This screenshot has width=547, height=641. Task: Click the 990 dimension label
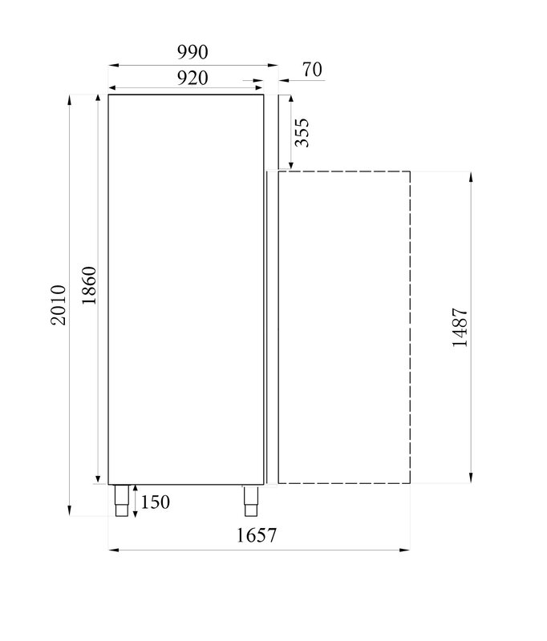pyautogui.click(x=192, y=52)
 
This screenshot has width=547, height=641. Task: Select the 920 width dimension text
pyautogui.click(x=192, y=78)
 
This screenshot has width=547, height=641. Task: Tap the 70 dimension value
pyautogui.click(x=312, y=70)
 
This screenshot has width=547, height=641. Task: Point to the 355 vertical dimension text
pyautogui.click(x=302, y=132)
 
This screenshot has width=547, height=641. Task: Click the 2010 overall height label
pyautogui.click(x=58, y=305)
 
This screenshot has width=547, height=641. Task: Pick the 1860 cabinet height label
pyautogui.click(x=89, y=285)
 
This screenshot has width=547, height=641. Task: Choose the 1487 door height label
pyautogui.click(x=460, y=328)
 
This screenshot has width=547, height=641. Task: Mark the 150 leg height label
pyautogui.click(x=155, y=502)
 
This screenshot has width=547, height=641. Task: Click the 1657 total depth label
pyautogui.click(x=257, y=535)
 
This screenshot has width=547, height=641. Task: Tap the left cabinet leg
pyautogui.click(x=122, y=500)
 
